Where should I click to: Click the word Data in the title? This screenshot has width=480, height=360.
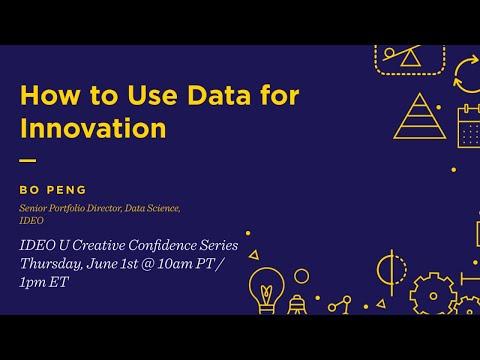point(219,95)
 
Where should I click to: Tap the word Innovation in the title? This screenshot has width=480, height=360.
point(93,128)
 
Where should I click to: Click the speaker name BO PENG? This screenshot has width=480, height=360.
point(53,190)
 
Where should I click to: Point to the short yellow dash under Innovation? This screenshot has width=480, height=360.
point(28,160)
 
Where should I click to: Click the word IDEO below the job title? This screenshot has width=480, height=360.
point(31,220)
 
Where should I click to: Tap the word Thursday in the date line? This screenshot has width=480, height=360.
point(51,264)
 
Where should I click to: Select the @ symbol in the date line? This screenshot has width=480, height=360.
point(147,264)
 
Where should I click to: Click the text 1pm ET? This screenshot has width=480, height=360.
point(44,282)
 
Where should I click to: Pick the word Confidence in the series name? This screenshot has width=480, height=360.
point(162,245)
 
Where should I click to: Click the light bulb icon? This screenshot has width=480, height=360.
point(266,291)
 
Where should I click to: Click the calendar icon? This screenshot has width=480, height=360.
point(469,126)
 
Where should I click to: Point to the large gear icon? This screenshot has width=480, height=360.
point(433,295)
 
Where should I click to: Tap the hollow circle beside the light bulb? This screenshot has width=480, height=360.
point(302,276)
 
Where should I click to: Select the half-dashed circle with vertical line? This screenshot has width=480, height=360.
point(392,271)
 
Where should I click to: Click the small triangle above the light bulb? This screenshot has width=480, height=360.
point(254,255)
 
